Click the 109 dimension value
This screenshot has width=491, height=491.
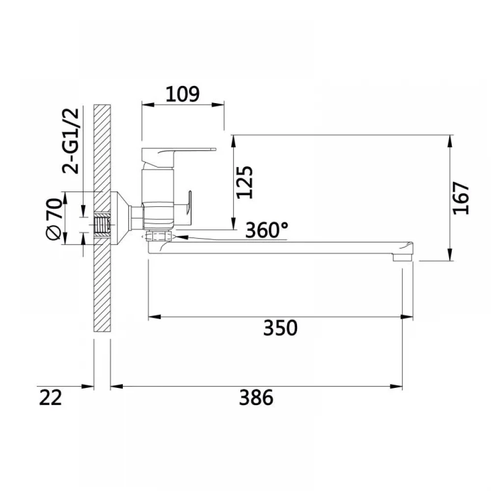(x=182, y=94)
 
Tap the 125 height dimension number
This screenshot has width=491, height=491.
(x=245, y=182)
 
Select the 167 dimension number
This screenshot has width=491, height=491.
(x=461, y=198)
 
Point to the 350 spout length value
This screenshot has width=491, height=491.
(x=280, y=328)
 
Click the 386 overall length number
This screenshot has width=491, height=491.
(x=256, y=397)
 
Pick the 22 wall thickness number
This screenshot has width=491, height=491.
(x=51, y=397)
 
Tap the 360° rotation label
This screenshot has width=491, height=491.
(x=267, y=230)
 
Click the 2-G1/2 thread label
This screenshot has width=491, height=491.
(x=71, y=141)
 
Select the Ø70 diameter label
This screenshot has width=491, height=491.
(x=54, y=218)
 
